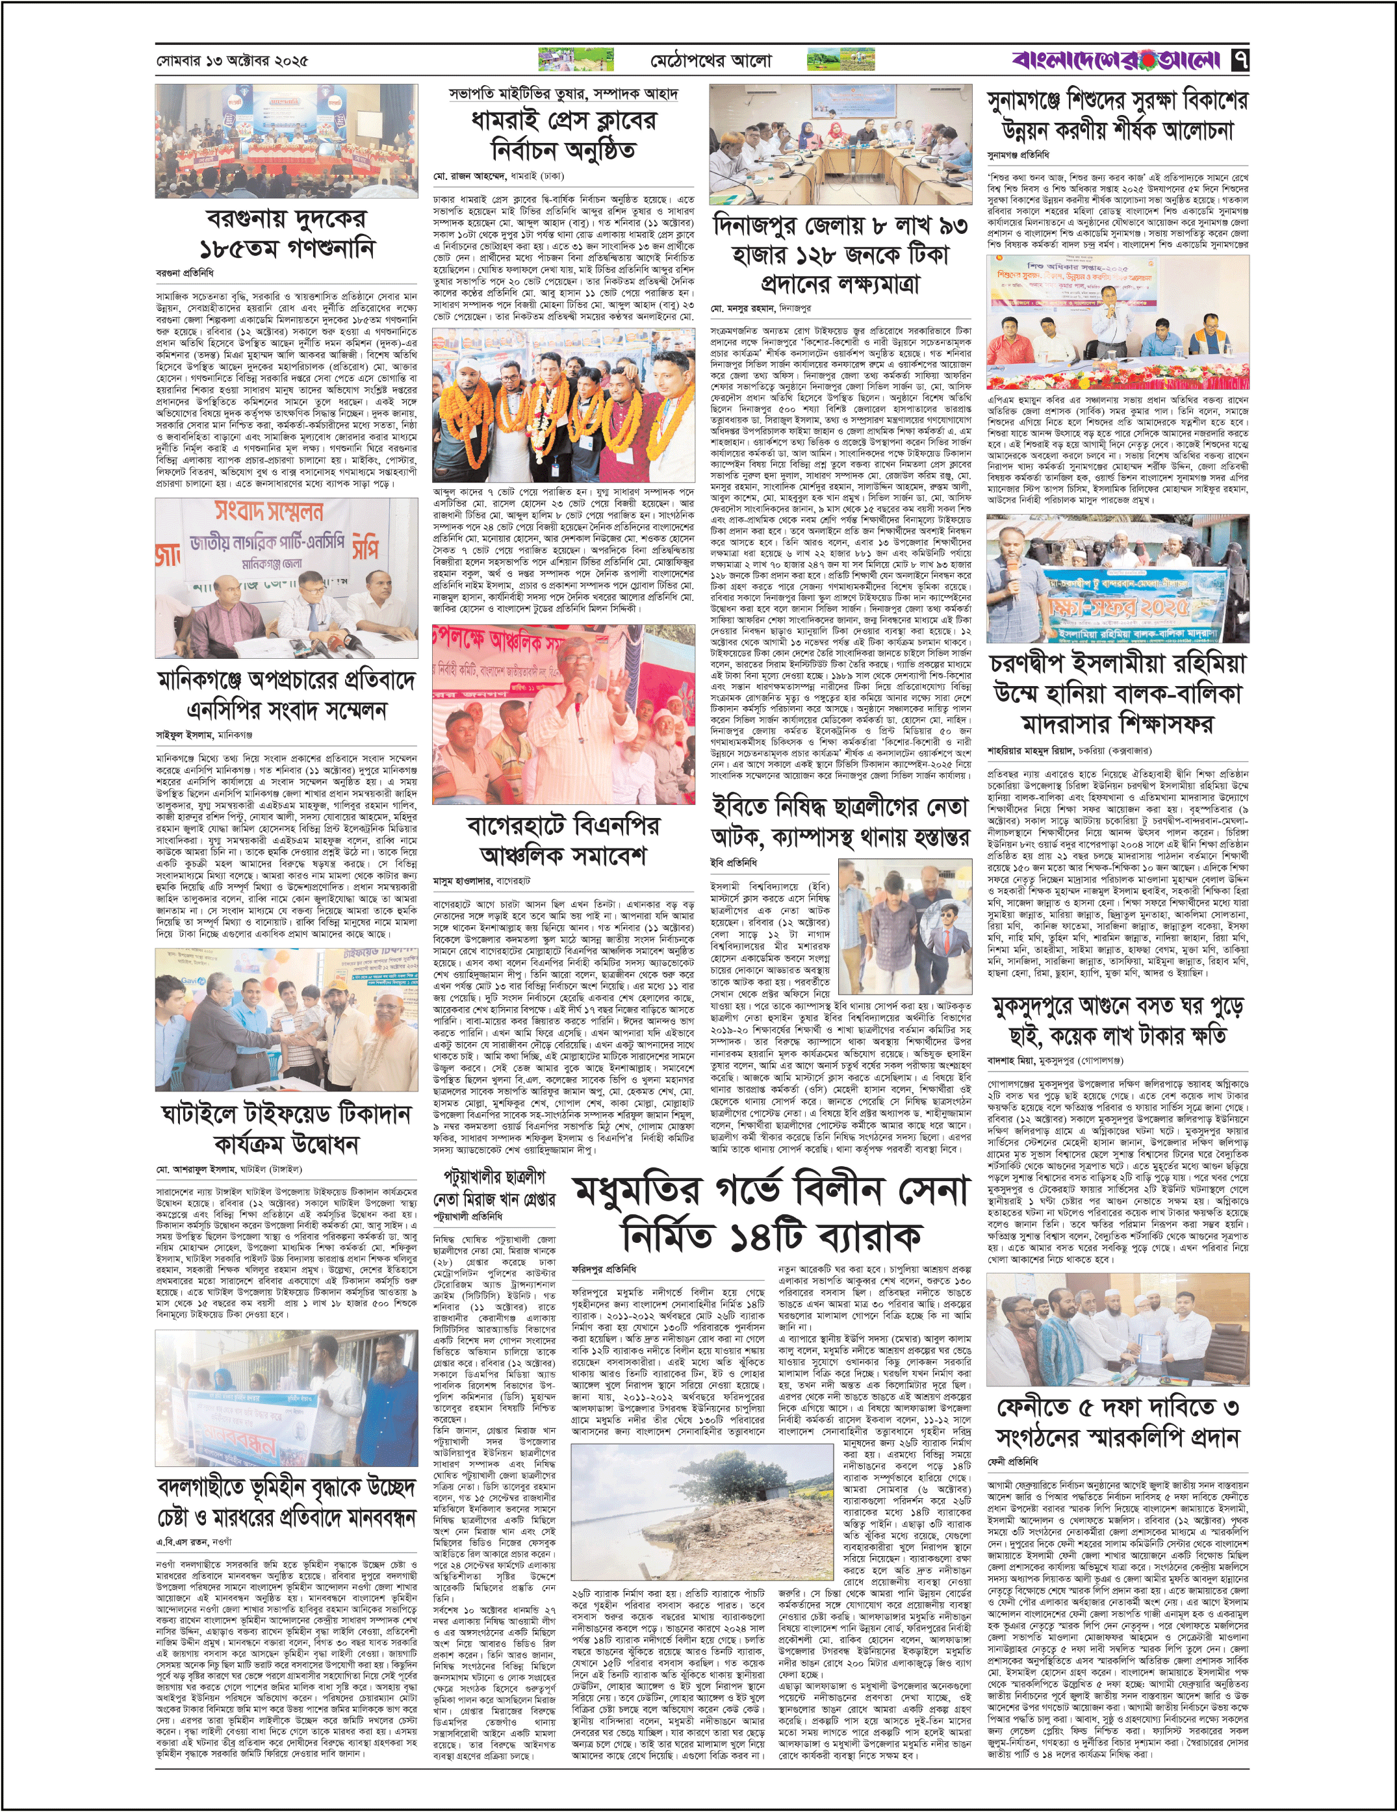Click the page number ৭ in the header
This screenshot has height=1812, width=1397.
coord(1240,60)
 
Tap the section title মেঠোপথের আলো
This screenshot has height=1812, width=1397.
coord(710,60)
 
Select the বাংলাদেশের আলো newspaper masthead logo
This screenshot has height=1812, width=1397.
coord(1116,60)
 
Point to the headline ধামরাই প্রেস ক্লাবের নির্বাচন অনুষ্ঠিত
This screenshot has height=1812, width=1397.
coord(563,135)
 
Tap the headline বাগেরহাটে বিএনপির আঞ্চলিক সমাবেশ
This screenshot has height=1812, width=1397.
coord(563,841)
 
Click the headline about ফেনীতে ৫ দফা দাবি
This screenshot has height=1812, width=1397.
coord(1118,1422)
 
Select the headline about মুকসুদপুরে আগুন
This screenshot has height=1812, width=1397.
coord(1118,1021)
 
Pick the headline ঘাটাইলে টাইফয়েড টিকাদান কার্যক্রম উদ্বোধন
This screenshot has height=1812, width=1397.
coord(286,1129)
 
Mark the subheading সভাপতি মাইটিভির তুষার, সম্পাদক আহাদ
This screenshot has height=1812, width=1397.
coord(563,94)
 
